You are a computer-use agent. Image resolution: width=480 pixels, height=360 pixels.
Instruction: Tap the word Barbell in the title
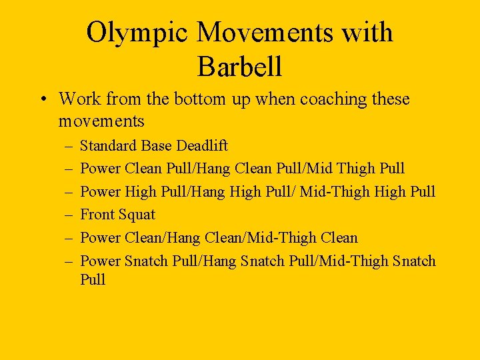click(x=240, y=66)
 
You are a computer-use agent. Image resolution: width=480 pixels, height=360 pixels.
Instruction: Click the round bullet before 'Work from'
click(x=42, y=100)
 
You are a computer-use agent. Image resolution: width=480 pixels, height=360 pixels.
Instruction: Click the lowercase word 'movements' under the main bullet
click(x=101, y=121)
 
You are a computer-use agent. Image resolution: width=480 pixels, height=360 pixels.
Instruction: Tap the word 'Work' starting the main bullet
click(x=77, y=99)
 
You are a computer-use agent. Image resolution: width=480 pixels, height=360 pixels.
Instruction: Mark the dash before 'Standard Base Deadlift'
click(x=69, y=146)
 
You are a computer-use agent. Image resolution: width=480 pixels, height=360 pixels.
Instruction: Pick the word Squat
click(x=136, y=215)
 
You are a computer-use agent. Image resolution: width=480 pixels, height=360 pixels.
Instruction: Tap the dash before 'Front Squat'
click(x=69, y=215)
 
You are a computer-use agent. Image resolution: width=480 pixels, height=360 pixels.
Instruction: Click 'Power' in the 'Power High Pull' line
click(x=99, y=192)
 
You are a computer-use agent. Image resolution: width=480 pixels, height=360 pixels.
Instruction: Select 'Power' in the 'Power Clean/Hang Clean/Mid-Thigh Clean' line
click(x=99, y=238)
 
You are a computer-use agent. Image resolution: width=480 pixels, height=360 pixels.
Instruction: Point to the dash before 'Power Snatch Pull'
click(x=69, y=261)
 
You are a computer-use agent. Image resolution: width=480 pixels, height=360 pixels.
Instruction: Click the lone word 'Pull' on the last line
click(x=93, y=279)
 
